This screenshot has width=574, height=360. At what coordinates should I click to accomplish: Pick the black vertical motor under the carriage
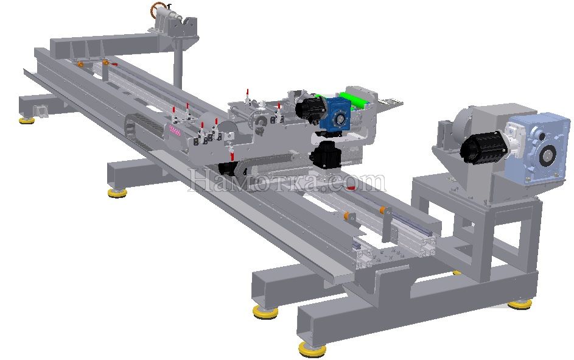(326, 154)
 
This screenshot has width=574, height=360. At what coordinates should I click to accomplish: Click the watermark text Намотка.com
(287, 180)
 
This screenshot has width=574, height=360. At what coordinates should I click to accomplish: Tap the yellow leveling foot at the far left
(27, 120)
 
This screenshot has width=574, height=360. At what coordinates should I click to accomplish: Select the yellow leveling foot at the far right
(519, 304)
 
